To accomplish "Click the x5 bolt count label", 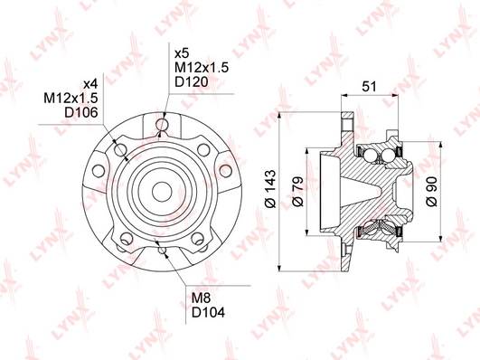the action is pyautogui.click(x=182, y=54).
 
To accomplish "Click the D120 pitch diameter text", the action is pyautogui.click(x=192, y=81).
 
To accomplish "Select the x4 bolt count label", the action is pyautogui.click(x=90, y=84).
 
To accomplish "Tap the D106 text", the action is pyautogui.click(x=80, y=112).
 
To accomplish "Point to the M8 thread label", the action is pyautogui.click(x=201, y=298).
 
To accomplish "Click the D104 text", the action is pyautogui.click(x=208, y=312).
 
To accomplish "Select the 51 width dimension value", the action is pyautogui.click(x=369, y=87).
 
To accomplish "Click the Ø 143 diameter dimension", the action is pyautogui.click(x=270, y=188).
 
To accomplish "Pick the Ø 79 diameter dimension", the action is pyautogui.click(x=298, y=192).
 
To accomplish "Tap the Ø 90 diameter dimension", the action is pyautogui.click(x=432, y=192).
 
